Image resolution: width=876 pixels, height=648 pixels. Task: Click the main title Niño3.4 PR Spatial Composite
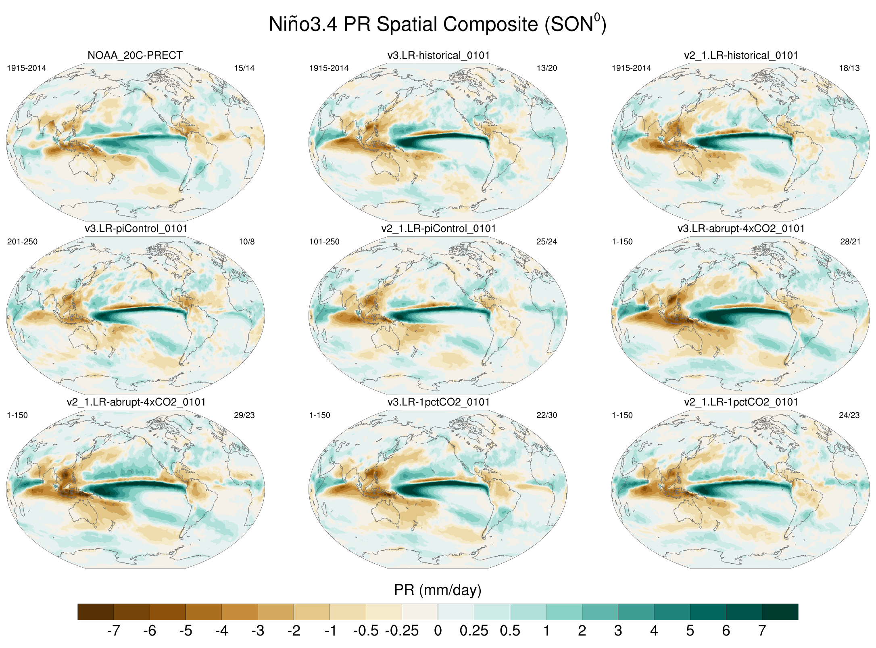pyautogui.click(x=438, y=24)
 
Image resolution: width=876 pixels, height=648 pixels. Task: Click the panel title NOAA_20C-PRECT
pyautogui.click(x=135, y=55)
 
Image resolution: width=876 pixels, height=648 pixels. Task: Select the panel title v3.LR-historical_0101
pyautogui.click(x=438, y=55)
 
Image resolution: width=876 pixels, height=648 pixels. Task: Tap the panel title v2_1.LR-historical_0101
pyautogui.click(x=741, y=55)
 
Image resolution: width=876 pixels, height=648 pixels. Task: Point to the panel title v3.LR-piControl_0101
pyautogui.click(x=136, y=229)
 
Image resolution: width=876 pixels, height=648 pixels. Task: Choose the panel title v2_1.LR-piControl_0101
pyautogui.click(x=438, y=229)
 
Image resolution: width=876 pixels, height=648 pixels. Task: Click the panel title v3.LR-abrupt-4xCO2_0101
pyautogui.click(x=741, y=229)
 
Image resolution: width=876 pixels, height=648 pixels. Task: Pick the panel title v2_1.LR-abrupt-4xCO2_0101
pyautogui.click(x=136, y=402)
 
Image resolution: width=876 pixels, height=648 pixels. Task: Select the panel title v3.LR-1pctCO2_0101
pyautogui.click(x=438, y=402)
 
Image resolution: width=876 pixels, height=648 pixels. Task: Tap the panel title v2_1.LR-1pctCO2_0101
pyautogui.click(x=741, y=402)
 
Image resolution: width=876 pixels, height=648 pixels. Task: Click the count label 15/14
pyautogui.click(x=244, y=68)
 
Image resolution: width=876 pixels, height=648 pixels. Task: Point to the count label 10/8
pyautogui.click(x=246, y=242)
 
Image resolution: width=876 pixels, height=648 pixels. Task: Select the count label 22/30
pyautogui.click(x=546, y=415)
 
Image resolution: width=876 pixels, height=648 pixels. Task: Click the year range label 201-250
pyautogui.click(x=22, y=242)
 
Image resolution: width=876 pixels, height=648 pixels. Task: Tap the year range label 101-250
pyautogui.click(x=324, y=242)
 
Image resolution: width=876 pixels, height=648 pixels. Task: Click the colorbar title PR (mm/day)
pyautogui.click(x=438, y=590)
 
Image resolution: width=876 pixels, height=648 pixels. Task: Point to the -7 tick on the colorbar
pyautogui.click(x=114, y=630)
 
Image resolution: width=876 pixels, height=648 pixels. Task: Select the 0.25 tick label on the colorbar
pyautogui.click(x=474, y=630)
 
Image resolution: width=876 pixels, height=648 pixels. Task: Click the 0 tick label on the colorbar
pyautogui.click(x=438, y=630)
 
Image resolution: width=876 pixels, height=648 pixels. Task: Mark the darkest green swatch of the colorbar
pyautogui.click(x=780, y=612)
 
